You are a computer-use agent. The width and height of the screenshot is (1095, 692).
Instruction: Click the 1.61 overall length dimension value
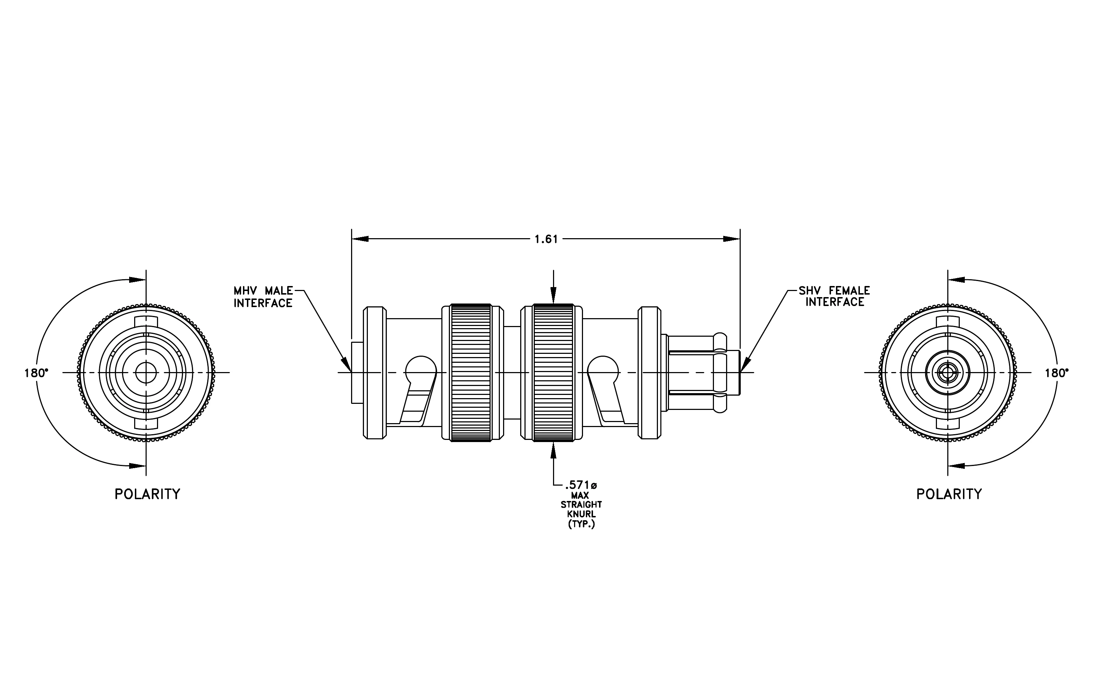546,239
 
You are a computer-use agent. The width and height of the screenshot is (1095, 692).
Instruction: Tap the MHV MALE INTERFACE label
263,297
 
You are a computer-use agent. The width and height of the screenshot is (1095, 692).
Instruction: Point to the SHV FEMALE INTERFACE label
835,296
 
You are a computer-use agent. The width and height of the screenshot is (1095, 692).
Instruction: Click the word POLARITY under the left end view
147,494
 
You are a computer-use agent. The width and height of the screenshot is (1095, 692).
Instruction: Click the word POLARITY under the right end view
949,494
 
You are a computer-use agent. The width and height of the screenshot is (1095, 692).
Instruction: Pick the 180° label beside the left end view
36,373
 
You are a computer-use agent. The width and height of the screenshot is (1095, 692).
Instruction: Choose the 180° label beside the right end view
1057,373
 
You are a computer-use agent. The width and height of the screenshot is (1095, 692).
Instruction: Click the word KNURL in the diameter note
581,514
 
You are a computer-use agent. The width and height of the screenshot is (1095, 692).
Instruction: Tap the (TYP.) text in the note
581,524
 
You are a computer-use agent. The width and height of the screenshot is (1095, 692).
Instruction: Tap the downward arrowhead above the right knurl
553,295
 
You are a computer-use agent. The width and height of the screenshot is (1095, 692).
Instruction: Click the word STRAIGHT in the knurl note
581,505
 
